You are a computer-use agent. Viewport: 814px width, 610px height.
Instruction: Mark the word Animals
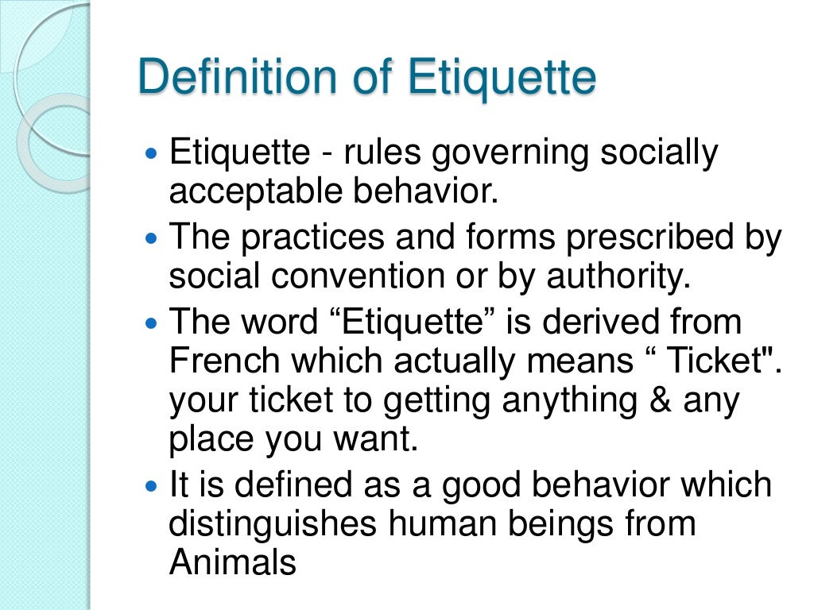click(232, 563)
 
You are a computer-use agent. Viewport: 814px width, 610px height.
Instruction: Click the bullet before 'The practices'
click(153, 238)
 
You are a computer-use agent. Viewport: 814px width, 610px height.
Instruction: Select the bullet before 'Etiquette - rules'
click(153, 152)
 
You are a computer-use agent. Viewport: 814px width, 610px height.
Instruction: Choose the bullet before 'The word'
click(153, 323)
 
